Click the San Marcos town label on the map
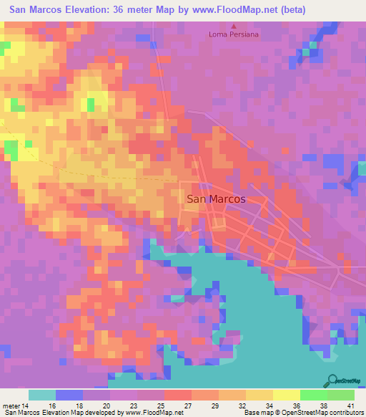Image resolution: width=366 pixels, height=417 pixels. [215, 200]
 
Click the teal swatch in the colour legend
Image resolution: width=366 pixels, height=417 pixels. [42, 395]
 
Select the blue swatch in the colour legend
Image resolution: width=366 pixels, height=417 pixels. [69, 395]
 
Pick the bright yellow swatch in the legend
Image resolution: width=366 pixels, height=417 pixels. [287, 395]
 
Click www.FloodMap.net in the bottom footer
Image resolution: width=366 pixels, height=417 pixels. [152, 412]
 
